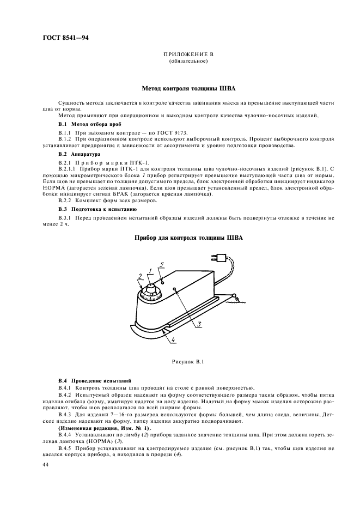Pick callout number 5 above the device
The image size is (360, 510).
point(161,264)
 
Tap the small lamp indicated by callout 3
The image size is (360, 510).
point(173,289)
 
